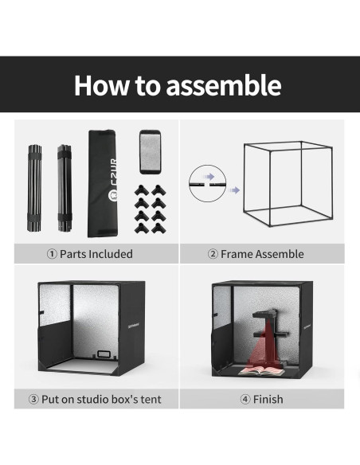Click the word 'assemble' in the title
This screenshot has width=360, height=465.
pos(224,85)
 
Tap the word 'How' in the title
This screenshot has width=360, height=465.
pos(101,85)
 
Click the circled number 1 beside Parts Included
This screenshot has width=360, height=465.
pos(52,254)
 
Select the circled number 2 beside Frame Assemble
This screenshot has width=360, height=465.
pos(213,254)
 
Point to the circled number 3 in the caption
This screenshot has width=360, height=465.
pos(33,399)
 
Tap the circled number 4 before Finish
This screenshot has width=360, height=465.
pos(245,399)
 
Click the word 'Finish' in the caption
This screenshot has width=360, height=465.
pos(268,399)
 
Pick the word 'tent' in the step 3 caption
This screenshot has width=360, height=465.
pos(151,400)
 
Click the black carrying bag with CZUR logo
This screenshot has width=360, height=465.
pos(103,183)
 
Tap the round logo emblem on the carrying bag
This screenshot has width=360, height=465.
pos(114,194)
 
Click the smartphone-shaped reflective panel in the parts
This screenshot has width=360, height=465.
pos(150,152)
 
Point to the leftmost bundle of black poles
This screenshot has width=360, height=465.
pos(35,188)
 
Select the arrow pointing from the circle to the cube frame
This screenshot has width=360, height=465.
pos(234,190)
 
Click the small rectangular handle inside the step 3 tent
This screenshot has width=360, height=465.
pos(104,354)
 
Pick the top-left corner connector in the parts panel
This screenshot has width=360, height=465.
pos(142,190)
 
